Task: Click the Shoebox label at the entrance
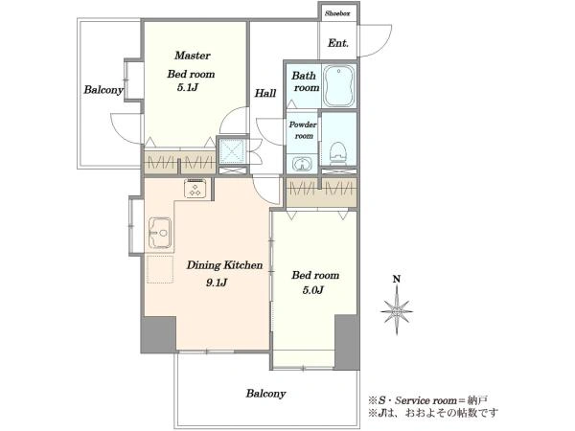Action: coord(337,14)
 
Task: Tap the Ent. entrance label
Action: coord(337,43)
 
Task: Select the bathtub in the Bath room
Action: coord(339,86)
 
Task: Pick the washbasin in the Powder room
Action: coord(302,163)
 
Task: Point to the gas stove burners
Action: coord(195,189)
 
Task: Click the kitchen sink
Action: coord(160,233)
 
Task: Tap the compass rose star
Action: coord(397,311)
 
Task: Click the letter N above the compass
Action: coord(397,280)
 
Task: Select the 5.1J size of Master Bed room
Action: coord(188,87)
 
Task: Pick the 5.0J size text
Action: coord(312,290)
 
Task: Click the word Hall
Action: coord(265,93)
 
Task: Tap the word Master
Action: coord(193,56)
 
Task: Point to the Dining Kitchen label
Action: coord(224,265)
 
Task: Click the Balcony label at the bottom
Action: coord(265,394)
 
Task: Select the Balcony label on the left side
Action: coord(103,90)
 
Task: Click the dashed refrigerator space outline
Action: coord(160,269)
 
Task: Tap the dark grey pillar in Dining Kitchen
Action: coord(158,334)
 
